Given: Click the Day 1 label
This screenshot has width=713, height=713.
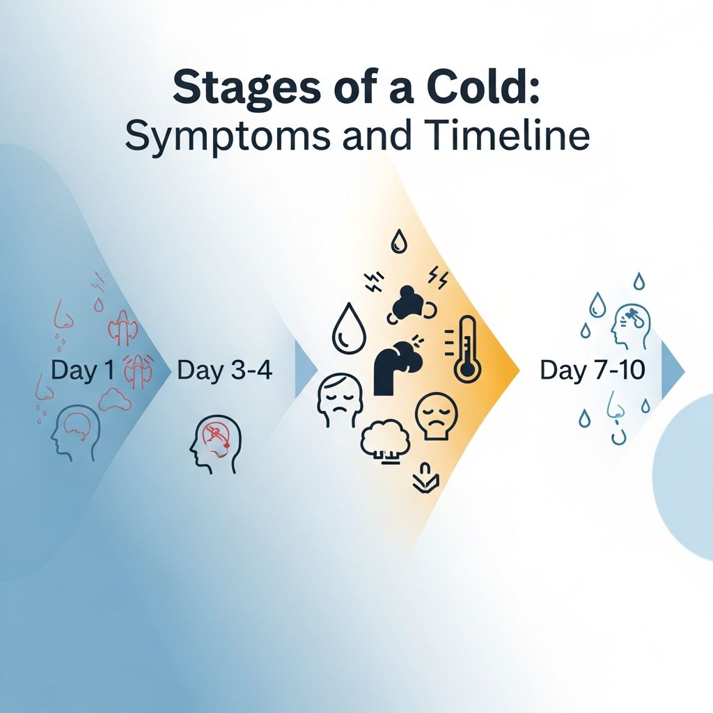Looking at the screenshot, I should click(x=82, y=370).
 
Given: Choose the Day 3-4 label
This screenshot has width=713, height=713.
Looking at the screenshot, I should click(x=225, y=370).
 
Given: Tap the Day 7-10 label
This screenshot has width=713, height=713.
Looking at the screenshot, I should click(x=593, y=370).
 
